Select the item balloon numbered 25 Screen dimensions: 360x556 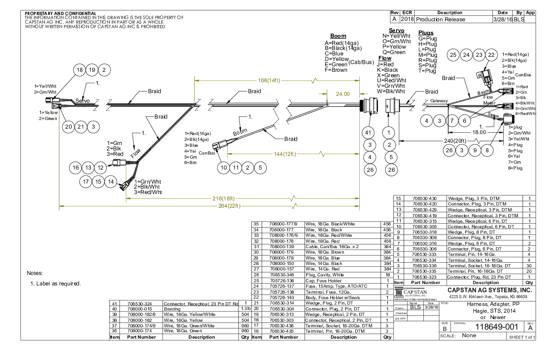[x=453, y=55]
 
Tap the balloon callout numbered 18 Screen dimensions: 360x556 [x=80, y=70]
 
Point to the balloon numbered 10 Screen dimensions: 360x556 [x=223, y=168]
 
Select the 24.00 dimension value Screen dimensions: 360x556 [x=343, y=94]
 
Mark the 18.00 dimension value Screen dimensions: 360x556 [x=479, y=132]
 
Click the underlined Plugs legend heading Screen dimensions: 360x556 [x=426, y=33]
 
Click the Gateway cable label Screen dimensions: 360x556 [x=439, y=101]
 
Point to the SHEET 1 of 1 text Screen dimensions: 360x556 [x=522, y=337]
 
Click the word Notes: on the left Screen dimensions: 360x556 [x=35, y=273]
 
